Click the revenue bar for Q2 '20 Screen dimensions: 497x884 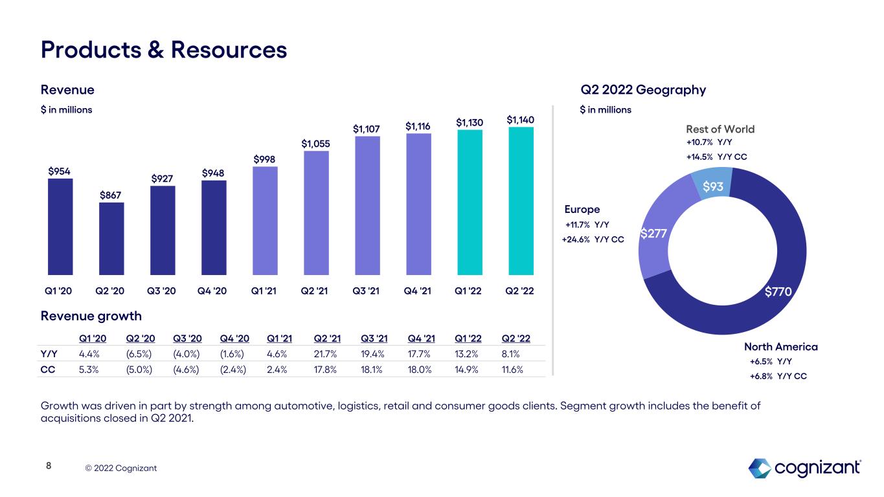point(111,239)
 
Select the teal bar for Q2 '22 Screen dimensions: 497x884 point(521,201)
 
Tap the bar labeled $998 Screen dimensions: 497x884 point(265,221)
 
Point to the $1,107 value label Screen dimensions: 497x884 point(367,129)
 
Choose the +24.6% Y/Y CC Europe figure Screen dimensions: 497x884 point(593,239)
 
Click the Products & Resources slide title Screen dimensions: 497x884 point(164,50)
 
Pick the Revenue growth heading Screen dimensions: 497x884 point(91,316)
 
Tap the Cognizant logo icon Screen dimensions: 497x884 point(760,467)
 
